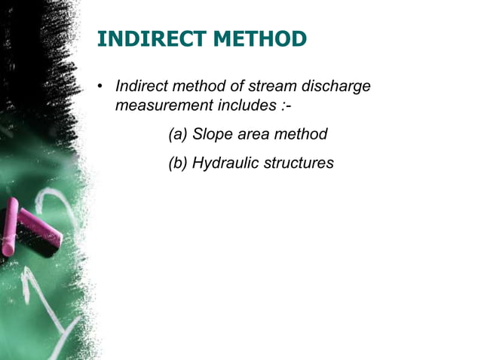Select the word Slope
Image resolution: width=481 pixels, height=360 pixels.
click(213, 135)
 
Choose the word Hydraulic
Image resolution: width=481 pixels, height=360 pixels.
click(224, 163)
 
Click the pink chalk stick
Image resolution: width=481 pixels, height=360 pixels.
click(30, 225)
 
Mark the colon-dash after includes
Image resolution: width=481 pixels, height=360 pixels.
click(284, 106)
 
